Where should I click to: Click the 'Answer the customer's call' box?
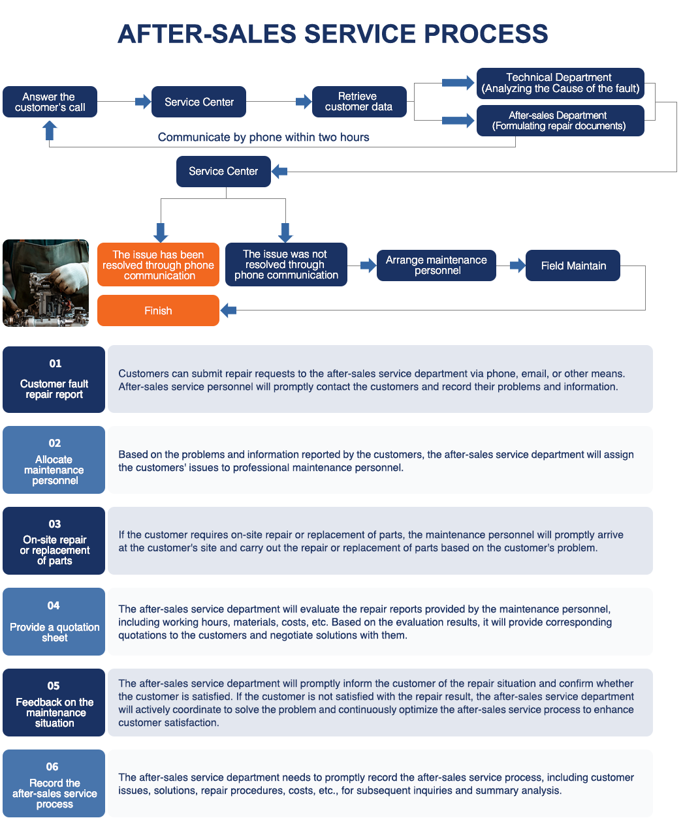[x=50, y=102]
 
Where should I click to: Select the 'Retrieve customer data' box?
[x=359, y=102]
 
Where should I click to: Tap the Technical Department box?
[x=560, y=83]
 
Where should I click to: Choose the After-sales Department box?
[x=560, y=121]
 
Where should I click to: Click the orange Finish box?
[x=158, y=310]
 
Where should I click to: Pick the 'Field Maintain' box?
[x=573, y=265]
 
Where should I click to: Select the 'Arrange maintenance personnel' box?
[x=436, y=265]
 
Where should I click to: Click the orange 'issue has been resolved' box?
[x=158, y=264]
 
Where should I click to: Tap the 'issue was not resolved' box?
[x=286, y=264]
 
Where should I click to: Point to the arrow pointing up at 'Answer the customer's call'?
[x=50, y=130]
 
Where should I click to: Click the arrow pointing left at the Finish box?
[x=228, y=310]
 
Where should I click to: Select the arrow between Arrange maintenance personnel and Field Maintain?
[x=518, y=265]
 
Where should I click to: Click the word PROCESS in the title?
[x=486, y=34]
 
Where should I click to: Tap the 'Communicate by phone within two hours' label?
[x=263, y=137]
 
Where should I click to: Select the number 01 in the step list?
[x=55, y=363]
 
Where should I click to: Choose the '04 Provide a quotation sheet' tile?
[x=54, y=621]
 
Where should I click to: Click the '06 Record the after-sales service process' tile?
[x=54, y=783]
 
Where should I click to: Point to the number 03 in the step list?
[x=55, y=524]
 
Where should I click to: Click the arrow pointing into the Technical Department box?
[x=458, y=83]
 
